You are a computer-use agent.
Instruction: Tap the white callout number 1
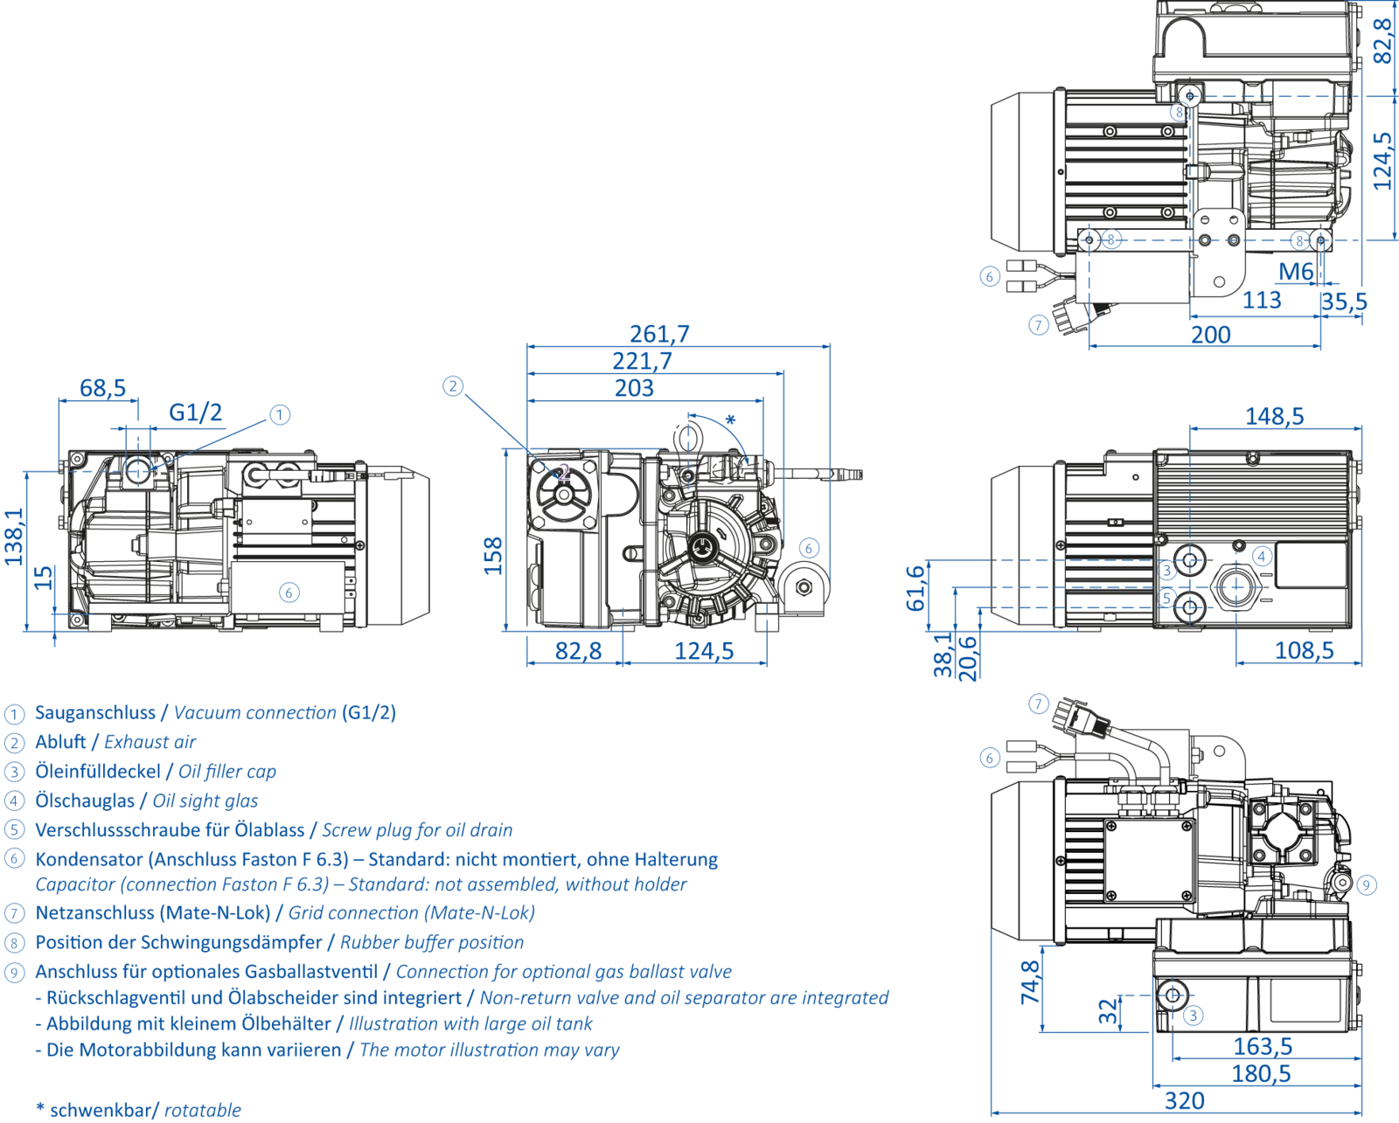click(159, 472)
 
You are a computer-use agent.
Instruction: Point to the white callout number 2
click(565, 472)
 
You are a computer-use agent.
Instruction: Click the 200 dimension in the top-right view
click(1211, 336)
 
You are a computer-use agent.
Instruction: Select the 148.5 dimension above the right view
click(1275, 417)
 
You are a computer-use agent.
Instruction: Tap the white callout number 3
click(1167, 571)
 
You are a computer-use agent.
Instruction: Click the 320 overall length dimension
click(1178, 1099)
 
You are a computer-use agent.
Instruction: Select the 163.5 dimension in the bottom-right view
click(1262, 1043)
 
